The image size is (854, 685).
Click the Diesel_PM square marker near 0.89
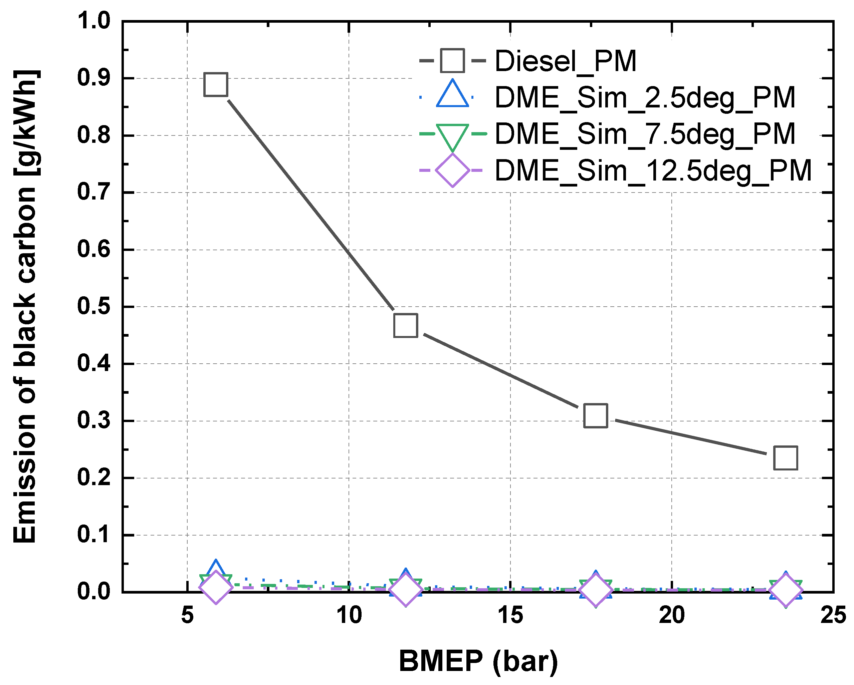(215, 84)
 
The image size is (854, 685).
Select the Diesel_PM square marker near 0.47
(406, 325)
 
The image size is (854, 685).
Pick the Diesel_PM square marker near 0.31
(596, 416)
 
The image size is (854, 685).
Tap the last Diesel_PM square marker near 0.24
(786, 458)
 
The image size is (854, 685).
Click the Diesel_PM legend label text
(565, 61)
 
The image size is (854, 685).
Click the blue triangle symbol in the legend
(452, 95)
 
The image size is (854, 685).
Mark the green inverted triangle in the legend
(452, 136)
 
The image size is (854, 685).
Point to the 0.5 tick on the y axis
(94, 307)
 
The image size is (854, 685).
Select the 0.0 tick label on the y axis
(94, 592)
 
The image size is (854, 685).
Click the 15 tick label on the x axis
(510, 615)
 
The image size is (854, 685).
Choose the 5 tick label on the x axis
(187, 615)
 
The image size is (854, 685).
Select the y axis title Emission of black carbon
(25, 307)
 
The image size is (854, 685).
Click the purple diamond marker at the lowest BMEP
(215, 587)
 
